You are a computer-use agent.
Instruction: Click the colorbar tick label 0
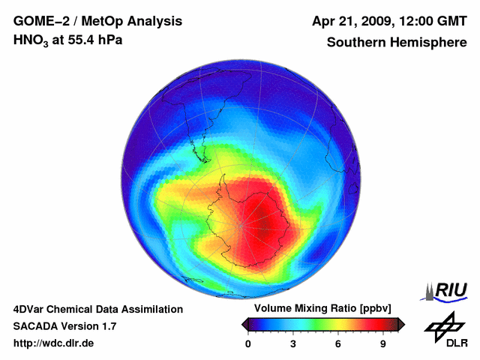point(248,343)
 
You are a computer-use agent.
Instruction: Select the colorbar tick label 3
point(293,343)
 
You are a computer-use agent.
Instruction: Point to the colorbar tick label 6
point(338,343)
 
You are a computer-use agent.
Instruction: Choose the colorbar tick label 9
point(382,343)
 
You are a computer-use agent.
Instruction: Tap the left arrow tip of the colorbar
point(244,324)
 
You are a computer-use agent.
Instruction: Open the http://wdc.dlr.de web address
point(54,343)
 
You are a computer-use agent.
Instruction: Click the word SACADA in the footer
point(34,326)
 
